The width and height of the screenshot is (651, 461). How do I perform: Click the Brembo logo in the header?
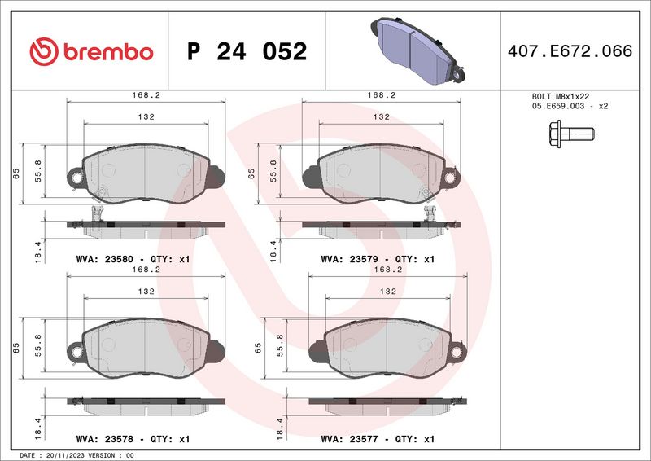pyautogui.click(x=91, y=51)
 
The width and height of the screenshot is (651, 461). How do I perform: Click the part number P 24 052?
pyautogui.click(x=247, y=52)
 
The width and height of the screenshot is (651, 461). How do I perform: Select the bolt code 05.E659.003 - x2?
pyautogui.click(x=570, y=106)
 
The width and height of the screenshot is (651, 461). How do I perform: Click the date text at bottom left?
pyautogui.click(x=76, y=455)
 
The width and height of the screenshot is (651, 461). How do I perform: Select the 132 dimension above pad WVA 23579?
pyautogui.click(x=380, y=117)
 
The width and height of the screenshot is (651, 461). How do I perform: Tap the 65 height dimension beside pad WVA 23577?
pyautogui.click(x=258, y=349)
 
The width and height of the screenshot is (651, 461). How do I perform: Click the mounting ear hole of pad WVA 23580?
pyautogui.click(x=76, y=178)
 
